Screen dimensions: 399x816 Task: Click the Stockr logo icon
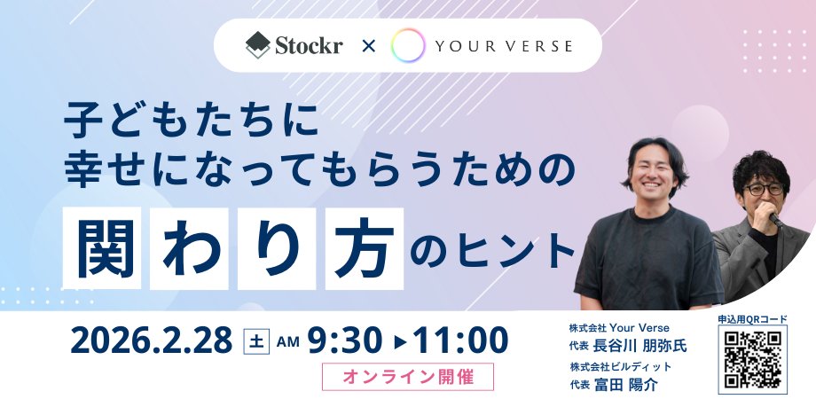pos(257,44)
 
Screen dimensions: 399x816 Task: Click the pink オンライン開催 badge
pos(407,376)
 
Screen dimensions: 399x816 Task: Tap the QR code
pos(752,360)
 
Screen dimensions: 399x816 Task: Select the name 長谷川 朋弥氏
pos(640,345)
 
